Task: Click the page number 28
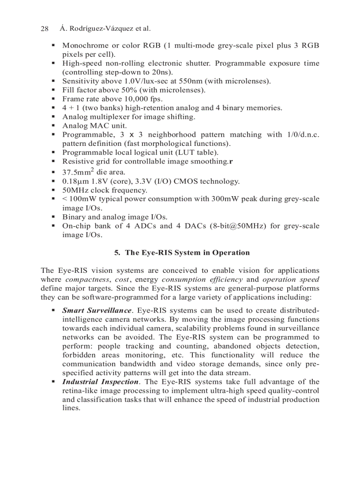pyautogui.click(x=44, y=29)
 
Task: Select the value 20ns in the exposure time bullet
pyautogui.click(x=162, y=72)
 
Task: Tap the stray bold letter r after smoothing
pyautogui.click(x=231, y=162)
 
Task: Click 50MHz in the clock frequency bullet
pyautogui.click(x=75, y=190)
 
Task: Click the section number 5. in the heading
pyautogui.click(x=117, y=253)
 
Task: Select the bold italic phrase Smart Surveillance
pyautogui.click(x=97, y=311)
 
